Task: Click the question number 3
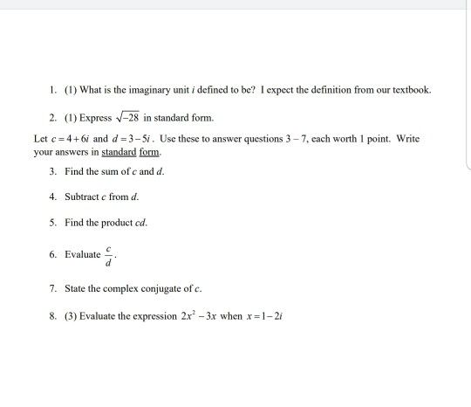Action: click(x=54, y=171)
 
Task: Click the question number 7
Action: click(x=54, y=287)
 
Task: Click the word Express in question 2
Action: click(x=95, y=117)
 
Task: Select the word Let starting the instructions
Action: click(x=41, y=139)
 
